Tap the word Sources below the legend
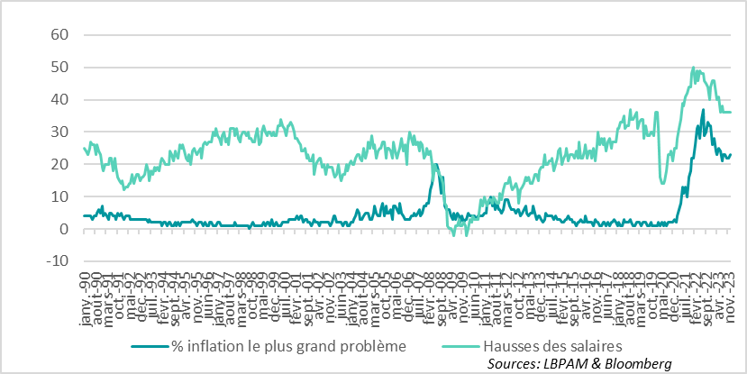pyautogui.click(x=511, y=362)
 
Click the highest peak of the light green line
pyautogui.click(x=692, y=67)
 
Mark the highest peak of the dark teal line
pyautogui.click(x=703, y=110)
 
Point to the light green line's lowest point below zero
pyautogui.click(x=466, y=236)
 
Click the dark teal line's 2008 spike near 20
pyautogui.click(x=436, y=165)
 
